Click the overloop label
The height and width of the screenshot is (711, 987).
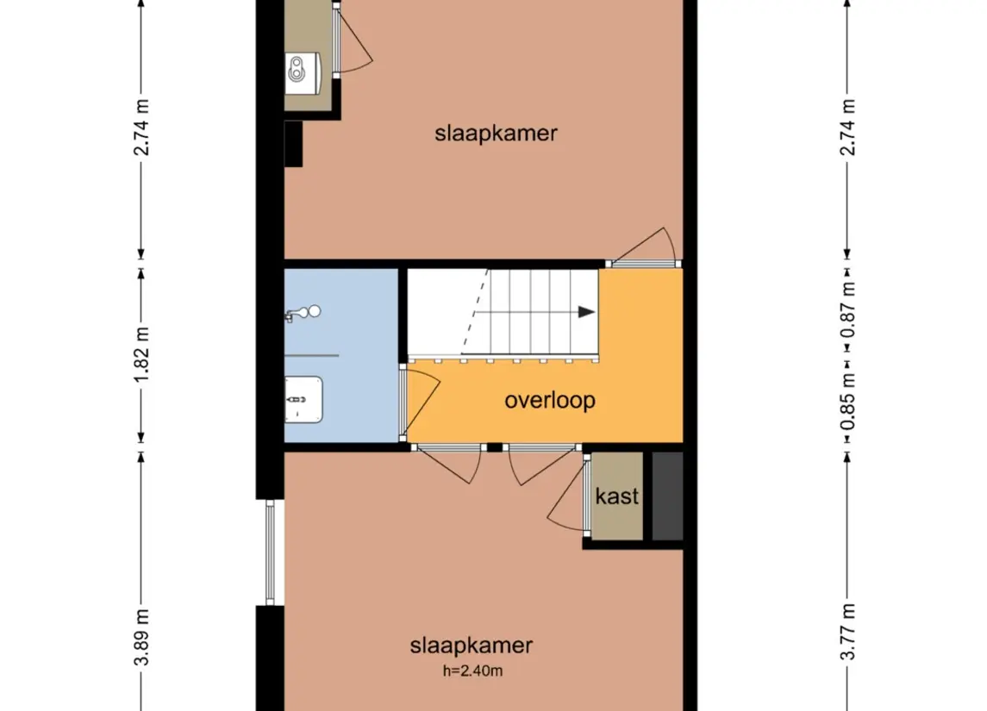(x=550, y=401)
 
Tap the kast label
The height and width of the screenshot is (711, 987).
(x=617, y=496)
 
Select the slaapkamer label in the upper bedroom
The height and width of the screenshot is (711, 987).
(x=496, y=134)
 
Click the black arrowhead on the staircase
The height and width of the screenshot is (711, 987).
(x=586, y=312)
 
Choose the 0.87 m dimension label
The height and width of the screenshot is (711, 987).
(x=849, y=306)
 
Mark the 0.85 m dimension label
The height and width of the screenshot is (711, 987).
(x=849, y=401)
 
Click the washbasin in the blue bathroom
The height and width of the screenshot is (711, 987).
(x=303, y=401)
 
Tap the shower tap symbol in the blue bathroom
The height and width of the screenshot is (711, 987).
(x=302, y=314)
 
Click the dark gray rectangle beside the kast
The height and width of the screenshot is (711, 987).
(x=667, y=496)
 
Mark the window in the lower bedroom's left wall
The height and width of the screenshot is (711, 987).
(x=270, y=552)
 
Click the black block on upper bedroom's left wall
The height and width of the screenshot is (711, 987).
(x=293, y=143)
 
